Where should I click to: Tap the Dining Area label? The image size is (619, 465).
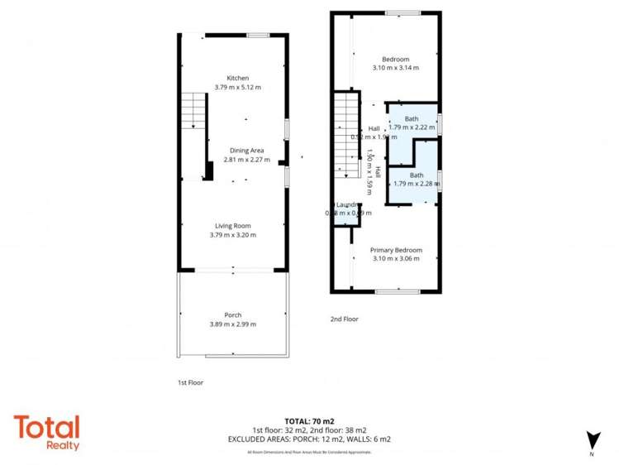click(246, 150)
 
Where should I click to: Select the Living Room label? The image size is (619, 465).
click(233, 226)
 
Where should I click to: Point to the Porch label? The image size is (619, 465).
click(233, 314)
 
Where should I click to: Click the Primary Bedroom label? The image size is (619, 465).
click(396, 250)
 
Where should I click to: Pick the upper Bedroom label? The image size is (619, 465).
click(395, 59)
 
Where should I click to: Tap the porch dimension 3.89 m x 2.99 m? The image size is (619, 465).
click(233, 324)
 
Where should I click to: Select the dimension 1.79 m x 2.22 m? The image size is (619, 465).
click(412, 127)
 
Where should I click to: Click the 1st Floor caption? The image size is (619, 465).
click(190, 383)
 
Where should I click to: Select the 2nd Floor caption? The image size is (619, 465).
click(344, 319)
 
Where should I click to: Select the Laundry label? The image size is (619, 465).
click(345, 205)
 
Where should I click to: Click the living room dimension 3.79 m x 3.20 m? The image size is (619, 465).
click(233, 235)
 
